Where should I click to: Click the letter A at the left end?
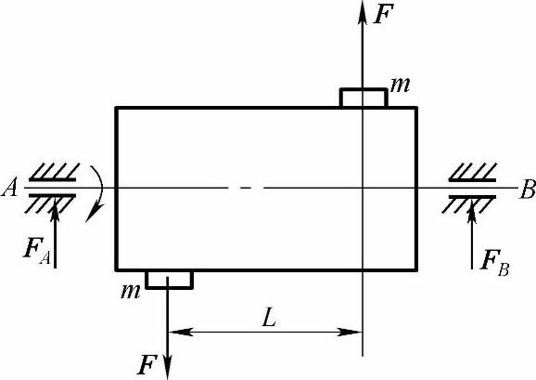point(9,188)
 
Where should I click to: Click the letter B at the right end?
point(528,190)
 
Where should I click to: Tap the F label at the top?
point(383,14)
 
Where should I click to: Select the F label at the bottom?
point(147,365)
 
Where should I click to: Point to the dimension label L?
point(269,318)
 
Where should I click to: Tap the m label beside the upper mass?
point(400,85)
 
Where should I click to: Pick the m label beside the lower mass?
point(130,292)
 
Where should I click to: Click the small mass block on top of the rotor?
point(364,98)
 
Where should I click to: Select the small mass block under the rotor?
point(169,280)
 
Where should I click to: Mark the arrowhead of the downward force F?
point(168,367)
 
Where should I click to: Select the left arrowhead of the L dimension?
point(180,332)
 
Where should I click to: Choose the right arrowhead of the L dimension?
point(350,332)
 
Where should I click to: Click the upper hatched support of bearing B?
point(473,172)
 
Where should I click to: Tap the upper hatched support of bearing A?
point(54,172)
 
